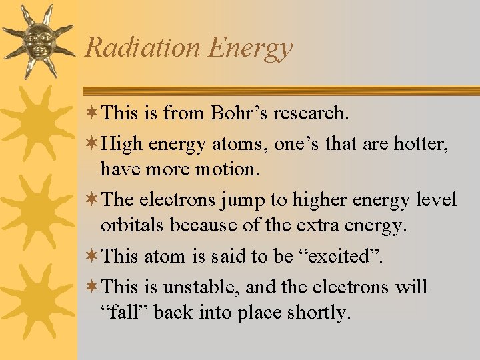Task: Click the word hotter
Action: pyautogui.click(x=422, y=142)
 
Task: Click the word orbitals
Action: pyautogui.click(x=133, y=226)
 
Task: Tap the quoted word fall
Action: pyautogui.click(x=125, y=313)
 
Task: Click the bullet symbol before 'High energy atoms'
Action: pyautogui.click(x=93, y=142)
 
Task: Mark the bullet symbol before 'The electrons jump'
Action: pyautogui.click(x=93, y=199)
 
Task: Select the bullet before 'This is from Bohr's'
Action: pyautogui.click(x=93, y=113)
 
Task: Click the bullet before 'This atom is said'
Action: pyautogui.click(x=93, y=255)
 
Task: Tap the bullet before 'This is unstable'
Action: pyautogui.click(x=93, y=287)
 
